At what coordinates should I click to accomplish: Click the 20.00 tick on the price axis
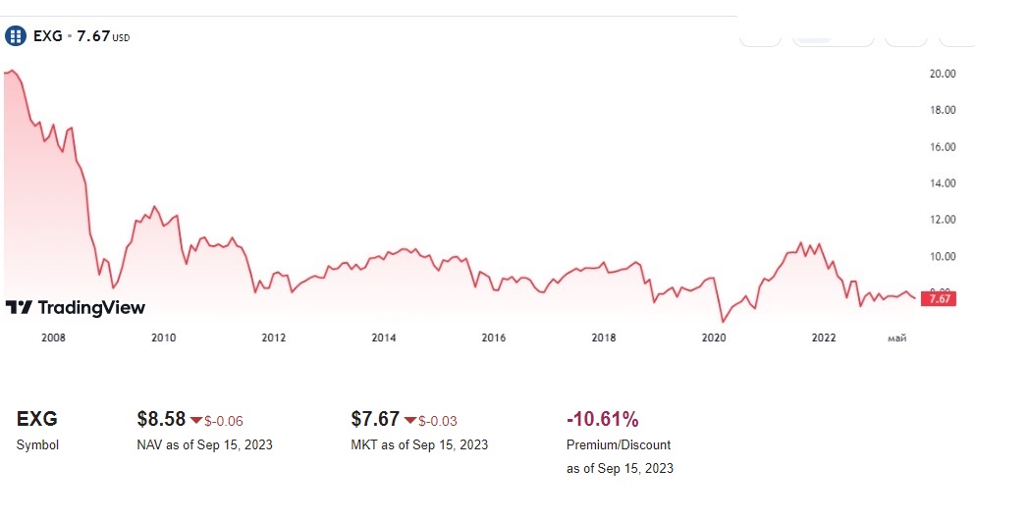point(942,74)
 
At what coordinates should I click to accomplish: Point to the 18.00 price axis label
point(942,110)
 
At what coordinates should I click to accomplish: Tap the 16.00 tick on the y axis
point(942,147)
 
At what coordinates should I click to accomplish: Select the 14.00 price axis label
point(942,183)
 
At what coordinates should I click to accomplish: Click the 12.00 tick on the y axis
point(942,220)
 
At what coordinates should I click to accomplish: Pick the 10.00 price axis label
point(942,257)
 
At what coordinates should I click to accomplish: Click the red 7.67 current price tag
point(939,299)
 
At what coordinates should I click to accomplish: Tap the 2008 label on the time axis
point(53,338)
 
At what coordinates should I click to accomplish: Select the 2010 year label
point(163,338)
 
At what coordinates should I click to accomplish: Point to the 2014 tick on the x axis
point(383,338)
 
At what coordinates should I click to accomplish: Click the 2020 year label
point(714,338)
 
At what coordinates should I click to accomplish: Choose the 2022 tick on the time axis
point(824,338)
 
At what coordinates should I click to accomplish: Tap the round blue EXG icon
point(16,36)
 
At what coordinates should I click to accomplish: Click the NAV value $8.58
point(161,420)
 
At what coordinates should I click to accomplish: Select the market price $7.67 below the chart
point(375,420)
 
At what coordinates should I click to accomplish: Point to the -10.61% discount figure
point(603,420)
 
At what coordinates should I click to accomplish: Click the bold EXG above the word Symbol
point(37,420)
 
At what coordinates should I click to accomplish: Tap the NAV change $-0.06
point(223,422)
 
